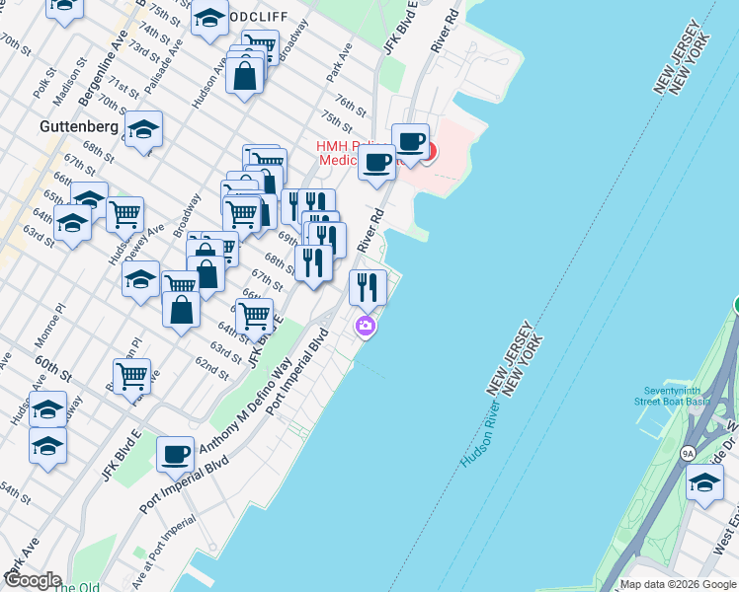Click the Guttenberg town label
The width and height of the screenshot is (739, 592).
(79, 126)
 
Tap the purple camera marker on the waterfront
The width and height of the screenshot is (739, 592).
(367, 326)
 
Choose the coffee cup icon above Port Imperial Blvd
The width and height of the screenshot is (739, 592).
(175, 454)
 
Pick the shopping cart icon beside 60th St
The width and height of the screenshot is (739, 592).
(131, 375)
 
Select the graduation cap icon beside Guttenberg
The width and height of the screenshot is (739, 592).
(143, 129)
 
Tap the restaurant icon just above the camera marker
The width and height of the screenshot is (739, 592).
(368, 287)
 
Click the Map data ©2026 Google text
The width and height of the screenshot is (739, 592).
(678, 584)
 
